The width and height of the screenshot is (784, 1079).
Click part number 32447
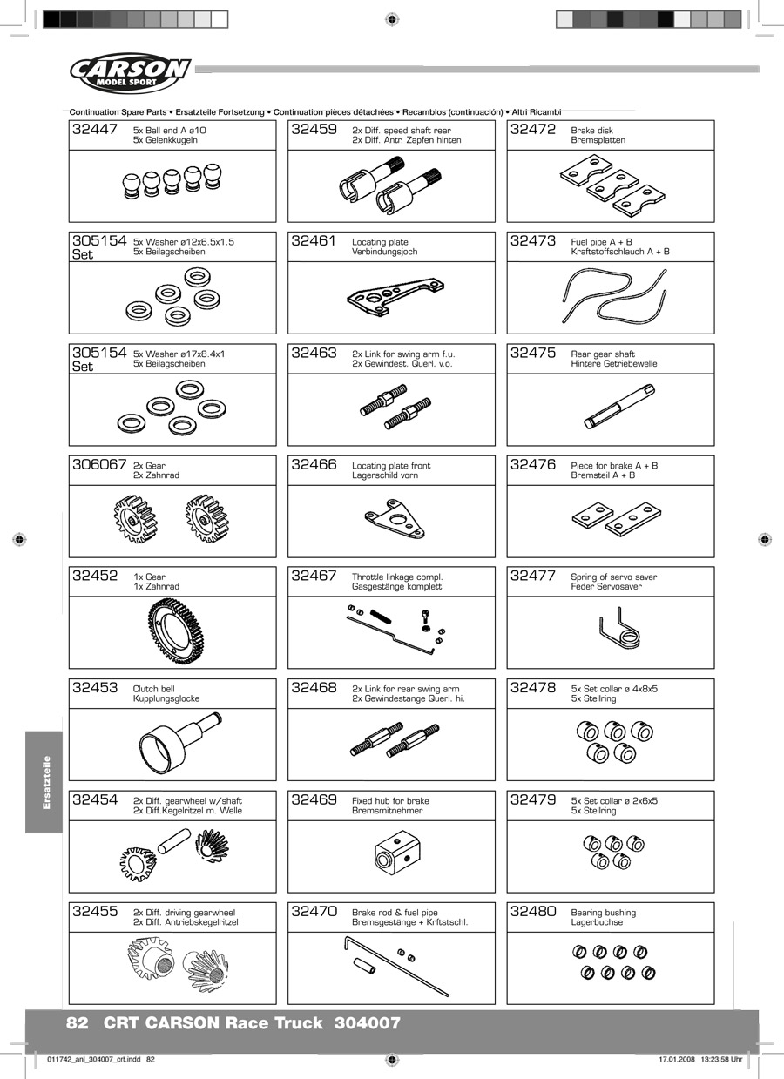point(96,130)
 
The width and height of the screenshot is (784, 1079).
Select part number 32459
point(314,130)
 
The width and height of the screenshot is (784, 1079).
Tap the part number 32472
point(533,130)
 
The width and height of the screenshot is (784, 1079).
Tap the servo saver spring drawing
point(619,630)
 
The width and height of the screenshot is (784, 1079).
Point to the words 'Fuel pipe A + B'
point(602,242)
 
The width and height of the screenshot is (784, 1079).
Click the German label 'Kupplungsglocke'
point(166,698)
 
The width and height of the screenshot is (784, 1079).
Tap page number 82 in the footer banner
point(78,1023)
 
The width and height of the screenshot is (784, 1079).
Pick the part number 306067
point(99,465)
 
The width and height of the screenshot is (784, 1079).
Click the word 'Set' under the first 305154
point(83,255)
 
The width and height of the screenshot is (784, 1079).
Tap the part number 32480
point(533,912)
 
